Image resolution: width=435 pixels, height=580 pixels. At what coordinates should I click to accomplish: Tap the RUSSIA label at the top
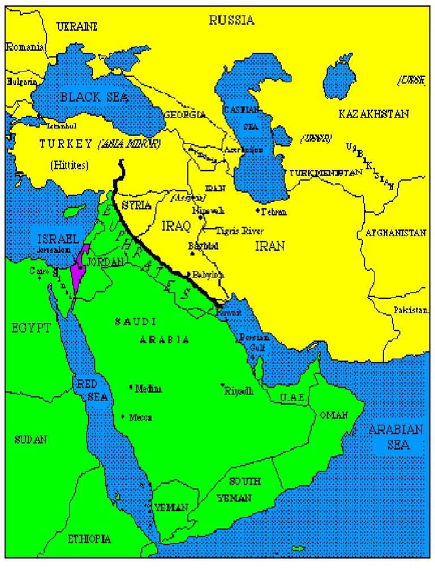tap(232, 21)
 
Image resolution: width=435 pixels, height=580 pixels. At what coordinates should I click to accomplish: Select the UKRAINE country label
tap(76, 26)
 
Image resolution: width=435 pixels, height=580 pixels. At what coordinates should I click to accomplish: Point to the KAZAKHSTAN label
tap(373, 114)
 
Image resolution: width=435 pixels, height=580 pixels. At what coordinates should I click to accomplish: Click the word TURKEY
tap(66, 144)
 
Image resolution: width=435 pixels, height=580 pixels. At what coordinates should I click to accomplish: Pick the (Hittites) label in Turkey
tap(70, 165)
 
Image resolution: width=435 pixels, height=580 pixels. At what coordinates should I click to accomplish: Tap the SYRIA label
tap(137, 205)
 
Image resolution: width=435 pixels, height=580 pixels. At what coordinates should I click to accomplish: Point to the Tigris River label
tap(239, 231)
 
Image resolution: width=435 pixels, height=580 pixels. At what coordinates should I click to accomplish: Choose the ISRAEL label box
tap(56, 238)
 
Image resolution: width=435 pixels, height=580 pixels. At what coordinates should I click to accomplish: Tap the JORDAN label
tap(106, 262)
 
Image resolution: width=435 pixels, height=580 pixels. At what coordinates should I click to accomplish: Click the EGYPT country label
tap(31, 327)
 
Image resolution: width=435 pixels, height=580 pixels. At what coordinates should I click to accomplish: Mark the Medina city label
tap(148, 389)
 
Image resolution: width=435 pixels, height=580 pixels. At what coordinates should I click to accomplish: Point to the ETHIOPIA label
tap(89, 538)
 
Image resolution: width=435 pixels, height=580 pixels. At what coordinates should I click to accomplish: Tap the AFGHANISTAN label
tap(395, 233)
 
